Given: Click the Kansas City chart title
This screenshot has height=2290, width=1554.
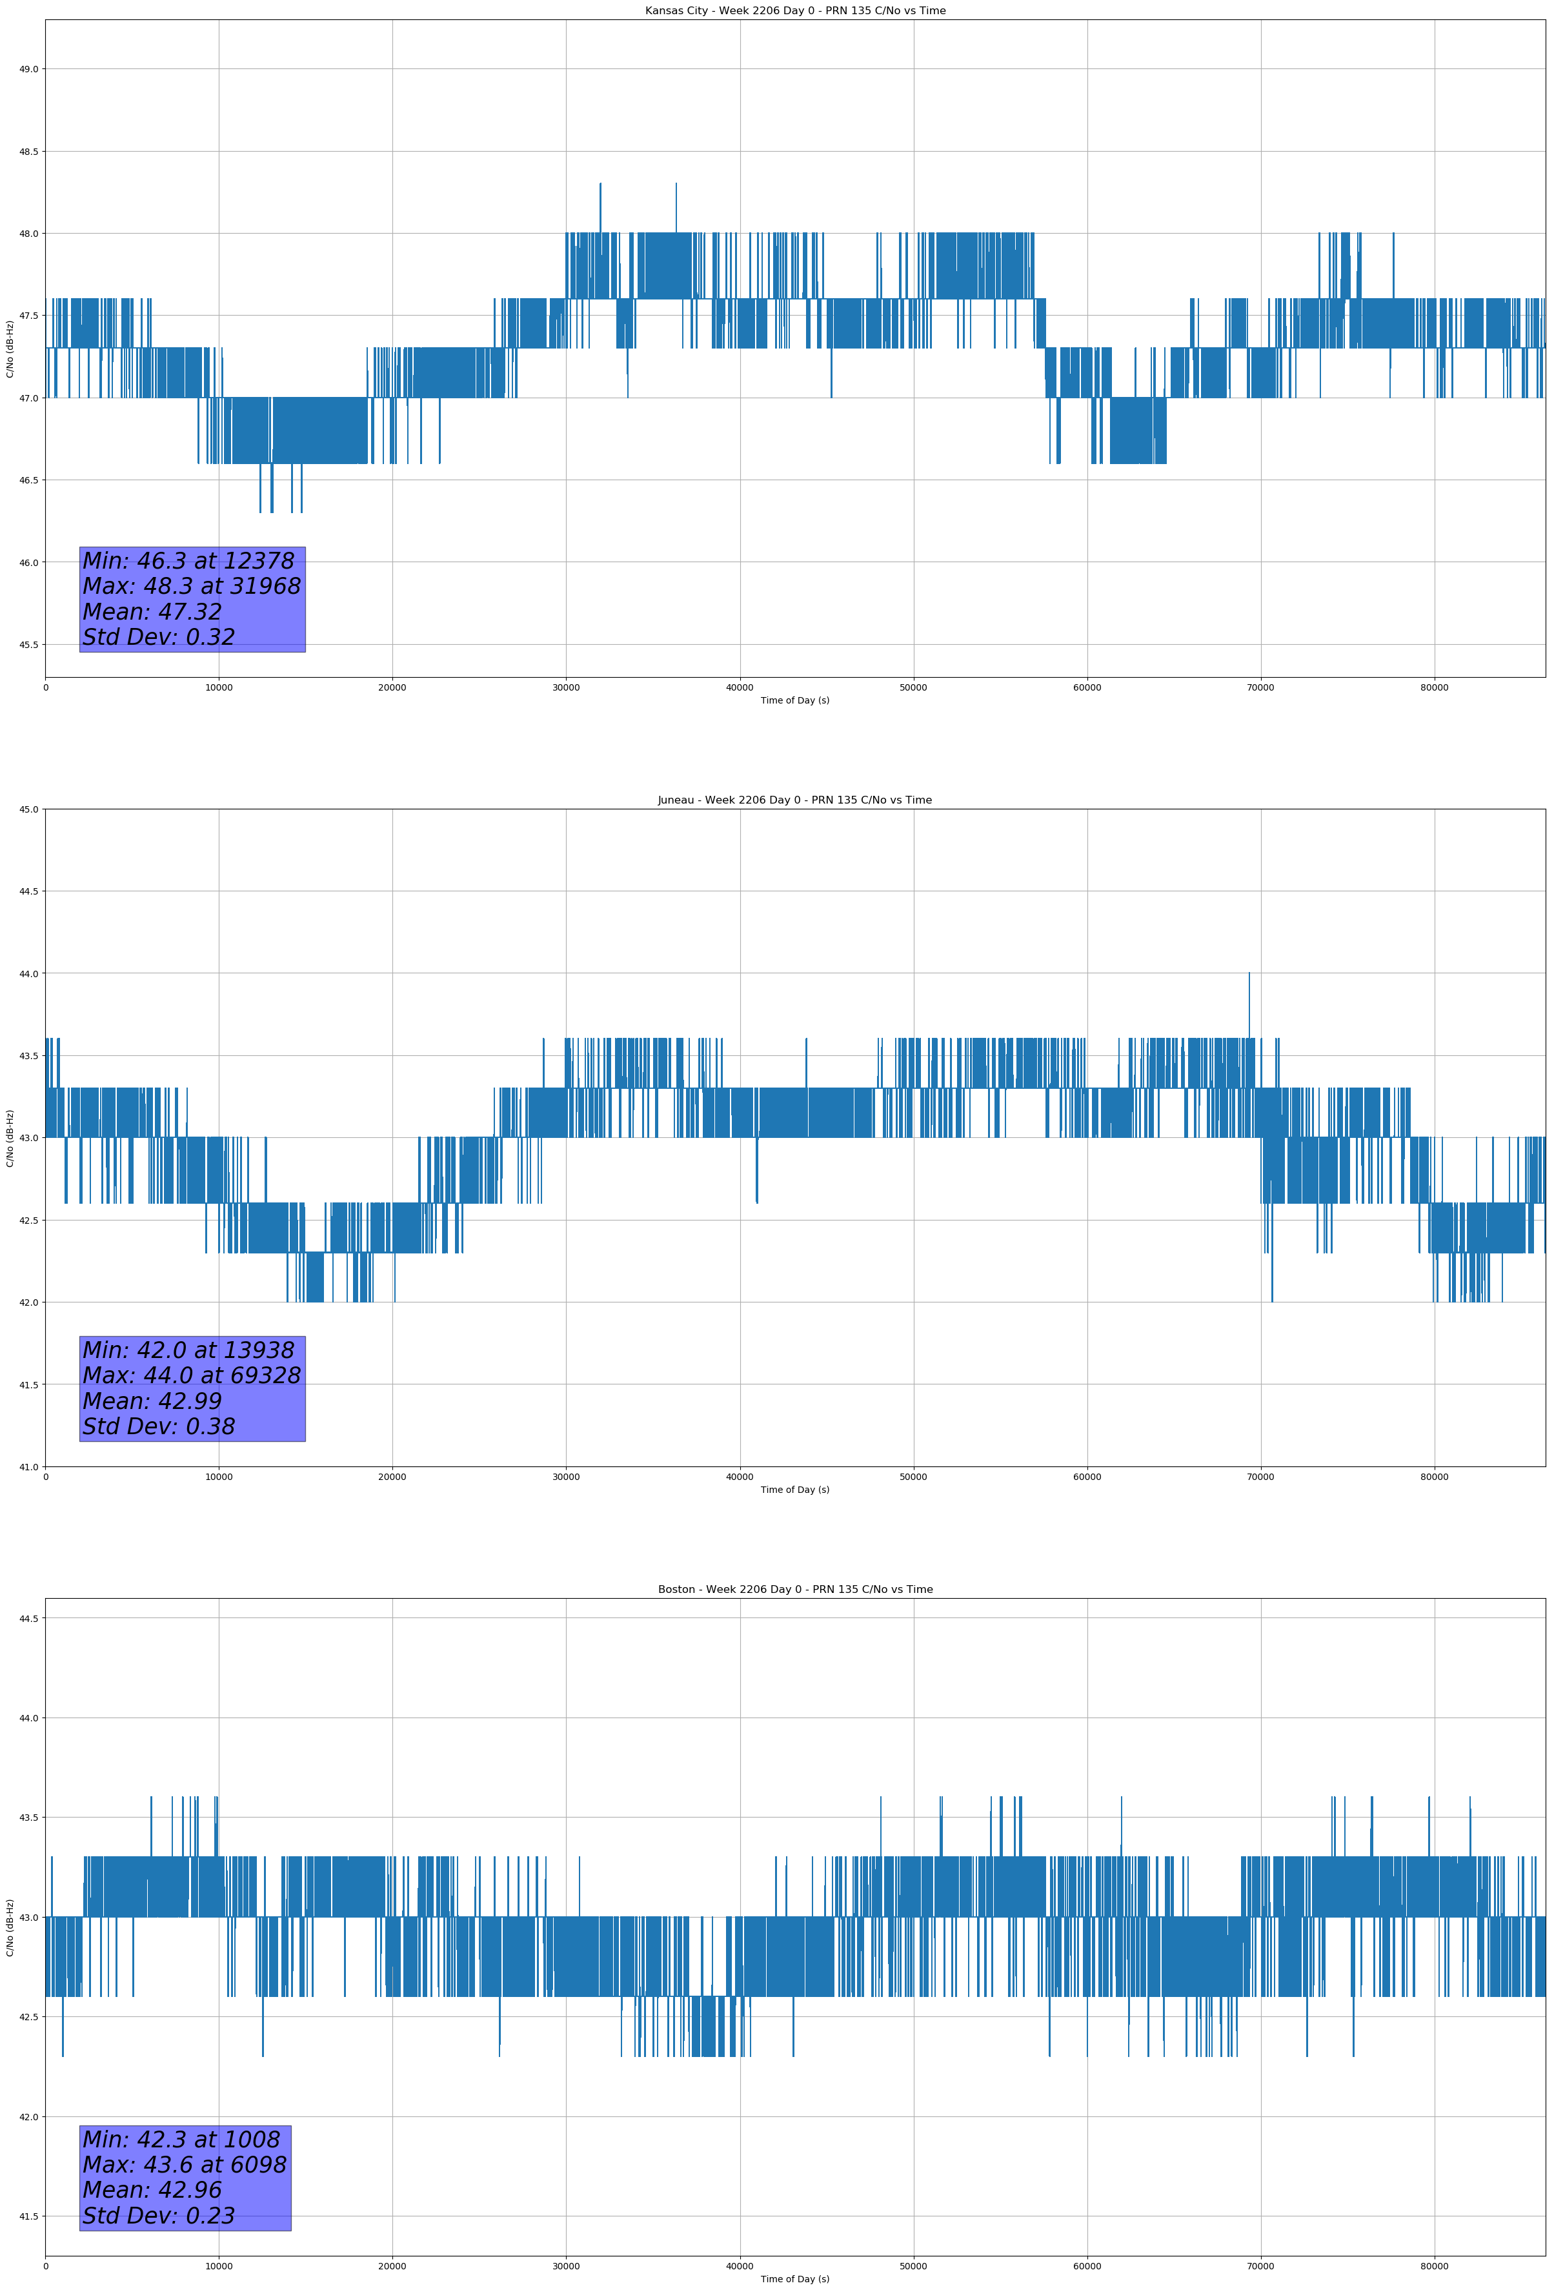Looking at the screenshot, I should pyautogui.click(x=794, y=11).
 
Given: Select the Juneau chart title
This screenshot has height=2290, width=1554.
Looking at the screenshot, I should pyautogui.click(x=794, y=800).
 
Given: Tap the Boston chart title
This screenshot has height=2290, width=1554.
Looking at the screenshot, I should pyautogui.click(x=794, y=1590).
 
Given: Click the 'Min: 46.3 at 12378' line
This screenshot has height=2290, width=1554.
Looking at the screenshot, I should pyautogui.click(x=188, y=561).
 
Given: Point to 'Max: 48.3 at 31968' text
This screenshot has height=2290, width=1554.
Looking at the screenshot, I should pyautogui.click(x=191, y=586).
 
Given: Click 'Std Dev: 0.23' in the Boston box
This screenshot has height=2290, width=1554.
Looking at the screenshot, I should pyautogui.click(x=159, y=2216).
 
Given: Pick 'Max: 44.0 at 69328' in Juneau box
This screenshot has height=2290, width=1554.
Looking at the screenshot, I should pyautogui.click(x=191, y=1375).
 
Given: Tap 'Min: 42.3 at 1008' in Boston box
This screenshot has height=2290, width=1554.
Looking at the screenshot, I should pyautogui.click(x=181, y=2139).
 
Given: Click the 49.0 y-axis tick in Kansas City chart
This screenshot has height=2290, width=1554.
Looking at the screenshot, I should pyautogui.click(x=28, y=69).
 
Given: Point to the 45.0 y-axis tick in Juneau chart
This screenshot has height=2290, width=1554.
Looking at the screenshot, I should pyautogui.click(x=28, y=809).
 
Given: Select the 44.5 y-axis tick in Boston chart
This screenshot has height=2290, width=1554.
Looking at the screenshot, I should pyautogui.click(x=28, y=1618).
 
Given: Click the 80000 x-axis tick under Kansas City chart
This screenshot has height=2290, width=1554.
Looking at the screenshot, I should pyautogui.click(x=1434, y=688).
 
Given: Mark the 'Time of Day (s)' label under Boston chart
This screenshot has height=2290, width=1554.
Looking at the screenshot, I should pyautogui.click(x=794, y=2279).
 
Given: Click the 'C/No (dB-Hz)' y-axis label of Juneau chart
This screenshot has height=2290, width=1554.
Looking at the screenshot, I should pyautogui.click(x=10, y=1138).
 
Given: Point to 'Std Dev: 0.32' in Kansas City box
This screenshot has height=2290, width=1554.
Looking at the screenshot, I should pyautogui.click(x=159, y=638).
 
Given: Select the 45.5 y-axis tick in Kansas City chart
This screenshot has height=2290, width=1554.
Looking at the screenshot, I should pyautogui.click(x=28, y=644).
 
